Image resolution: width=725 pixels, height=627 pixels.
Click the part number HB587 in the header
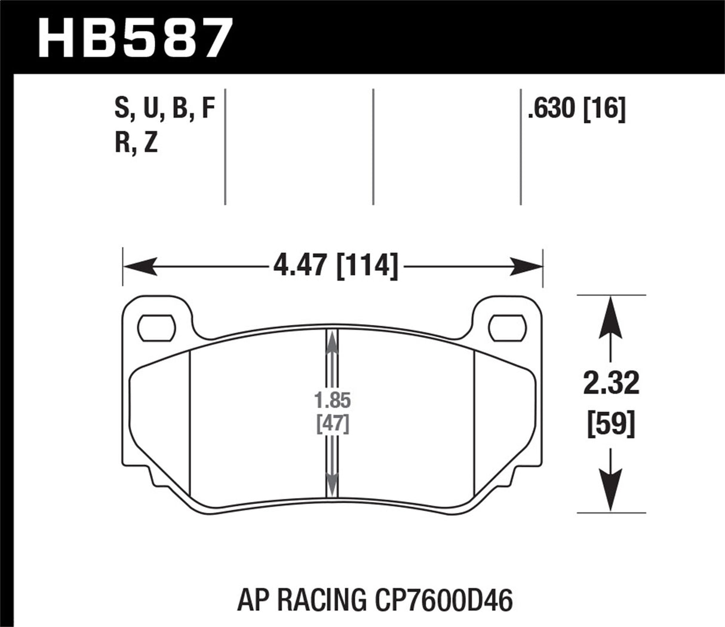pos(134,37)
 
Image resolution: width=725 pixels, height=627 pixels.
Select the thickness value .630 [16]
pos(576,110)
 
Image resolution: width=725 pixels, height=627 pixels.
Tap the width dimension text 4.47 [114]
pos(335,265)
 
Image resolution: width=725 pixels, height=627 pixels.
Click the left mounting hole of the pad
pos(157,327)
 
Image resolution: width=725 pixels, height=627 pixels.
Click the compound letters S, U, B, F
pos(163,110)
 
